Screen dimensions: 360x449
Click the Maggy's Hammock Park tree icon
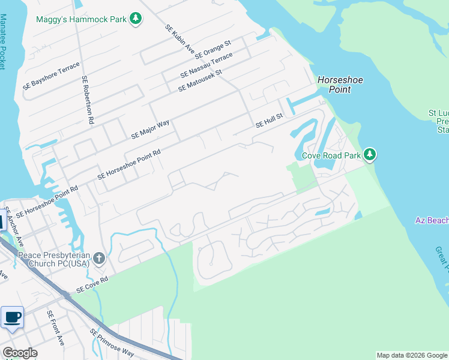pos(136,19)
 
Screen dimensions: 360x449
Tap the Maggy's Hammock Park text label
pos(81,19)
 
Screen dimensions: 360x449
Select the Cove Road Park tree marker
pos(370,155)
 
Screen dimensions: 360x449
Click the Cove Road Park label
pos(331,155)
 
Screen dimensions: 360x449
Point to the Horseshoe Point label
pos(340,85)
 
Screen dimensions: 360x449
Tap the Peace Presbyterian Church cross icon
pos(99,259)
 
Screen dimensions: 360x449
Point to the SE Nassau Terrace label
pos(206,65)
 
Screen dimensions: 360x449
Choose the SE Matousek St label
pos(200,80)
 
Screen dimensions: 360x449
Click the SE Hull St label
pos(269,121)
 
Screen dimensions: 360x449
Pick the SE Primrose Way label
pos(112,342)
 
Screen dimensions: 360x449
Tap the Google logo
pos(20,353)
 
